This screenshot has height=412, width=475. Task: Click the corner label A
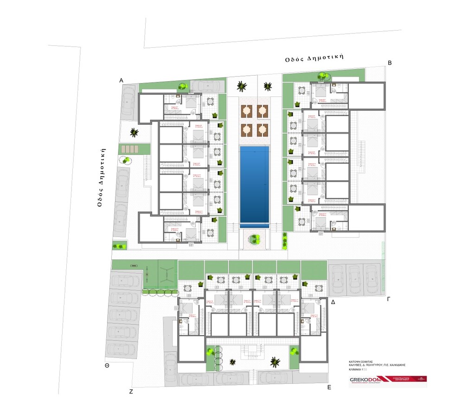click(121, 80)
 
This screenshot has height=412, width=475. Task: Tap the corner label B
click(390, 63)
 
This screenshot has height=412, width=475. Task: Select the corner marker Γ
click(389, 299)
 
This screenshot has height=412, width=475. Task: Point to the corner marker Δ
click(333, 302)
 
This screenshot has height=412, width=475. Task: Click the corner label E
click(329, 386)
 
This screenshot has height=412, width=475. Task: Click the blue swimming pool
click(254, 184)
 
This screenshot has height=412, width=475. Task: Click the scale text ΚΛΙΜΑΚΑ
click(358, 369)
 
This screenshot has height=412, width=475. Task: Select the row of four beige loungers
click(130, 148)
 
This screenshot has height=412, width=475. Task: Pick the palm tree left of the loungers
click(134, 133)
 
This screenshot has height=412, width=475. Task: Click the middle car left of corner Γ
click(355, 279)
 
